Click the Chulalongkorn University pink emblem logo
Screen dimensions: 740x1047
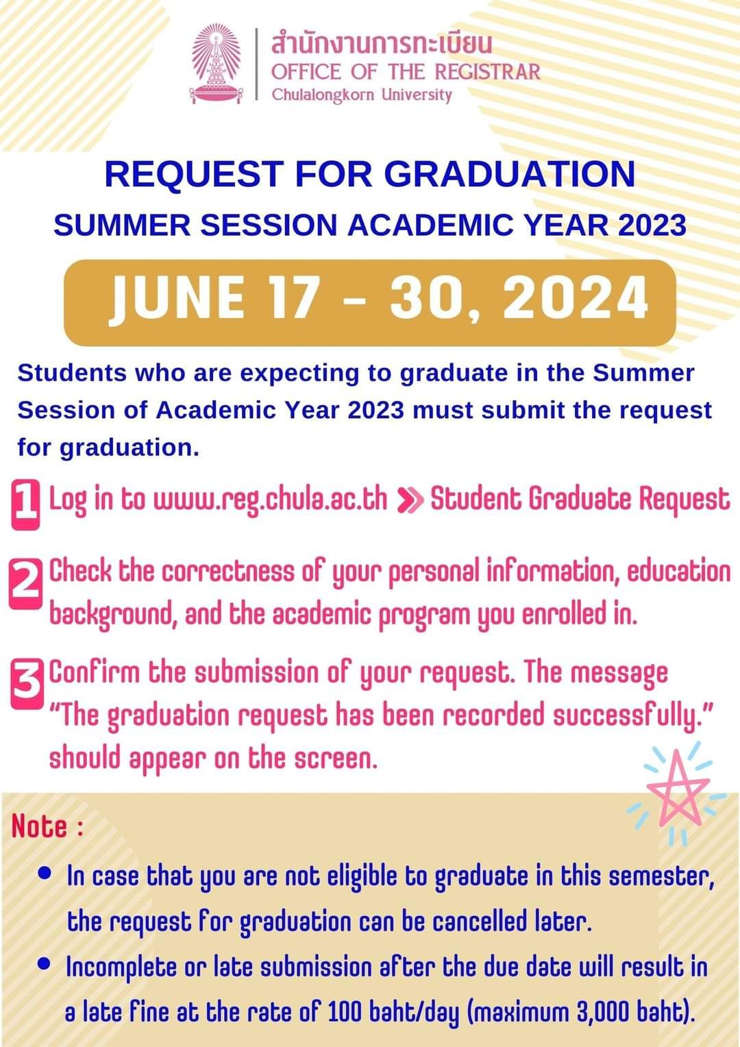[x=217, y=64]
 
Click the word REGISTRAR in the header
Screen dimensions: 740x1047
[x=488, y=72]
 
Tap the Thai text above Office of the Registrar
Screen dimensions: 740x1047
[x=382, y=45]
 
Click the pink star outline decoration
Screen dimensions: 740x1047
[x=678, y=788]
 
